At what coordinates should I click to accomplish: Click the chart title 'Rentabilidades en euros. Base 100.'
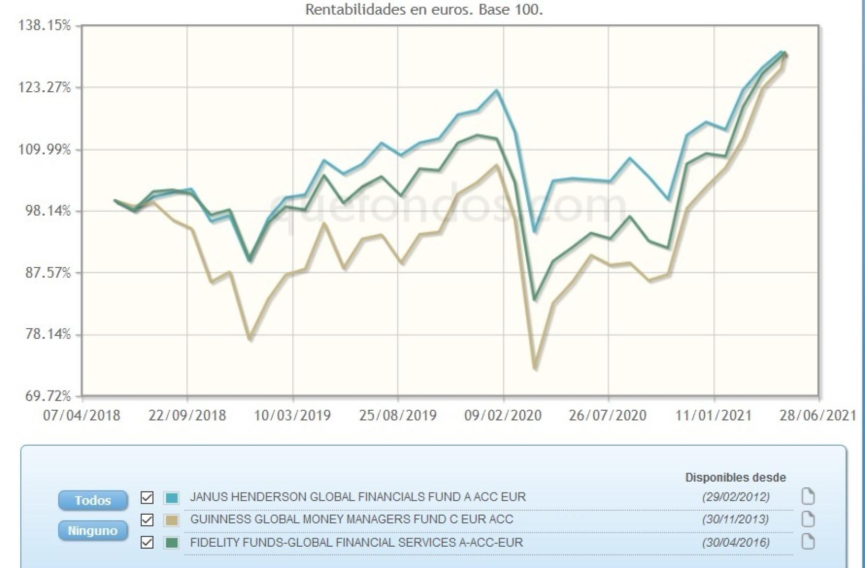click(x=424, y=10)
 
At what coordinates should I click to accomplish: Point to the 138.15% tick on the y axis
click(x=45, y=25)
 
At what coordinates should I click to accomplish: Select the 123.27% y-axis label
click(x=45, y=88)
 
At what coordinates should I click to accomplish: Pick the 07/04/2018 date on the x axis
click(x=82, y=415)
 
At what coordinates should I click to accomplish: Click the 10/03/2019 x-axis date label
click(x=292, y=415)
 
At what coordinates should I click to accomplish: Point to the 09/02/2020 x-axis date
click(x=503, y=415)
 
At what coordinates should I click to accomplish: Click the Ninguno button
click(x=93, y=531)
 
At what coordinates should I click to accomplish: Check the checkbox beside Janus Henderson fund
click(x=147, y=498)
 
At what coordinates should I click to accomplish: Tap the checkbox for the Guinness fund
click(x=147, y=520)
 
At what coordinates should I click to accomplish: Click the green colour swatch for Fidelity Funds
click(x=172, y=543)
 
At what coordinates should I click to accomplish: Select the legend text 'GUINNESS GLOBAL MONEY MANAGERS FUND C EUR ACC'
click(x=351, y=519)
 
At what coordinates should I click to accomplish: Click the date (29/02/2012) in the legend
click(x=736, y=496)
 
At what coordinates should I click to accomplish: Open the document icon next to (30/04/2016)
click(x=808, y=542)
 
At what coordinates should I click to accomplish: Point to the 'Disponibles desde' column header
click(x=735, y=477)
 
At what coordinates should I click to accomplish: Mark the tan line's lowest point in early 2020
click(x=535, y=368)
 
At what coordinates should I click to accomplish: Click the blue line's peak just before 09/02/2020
click(x=497, y=91)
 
